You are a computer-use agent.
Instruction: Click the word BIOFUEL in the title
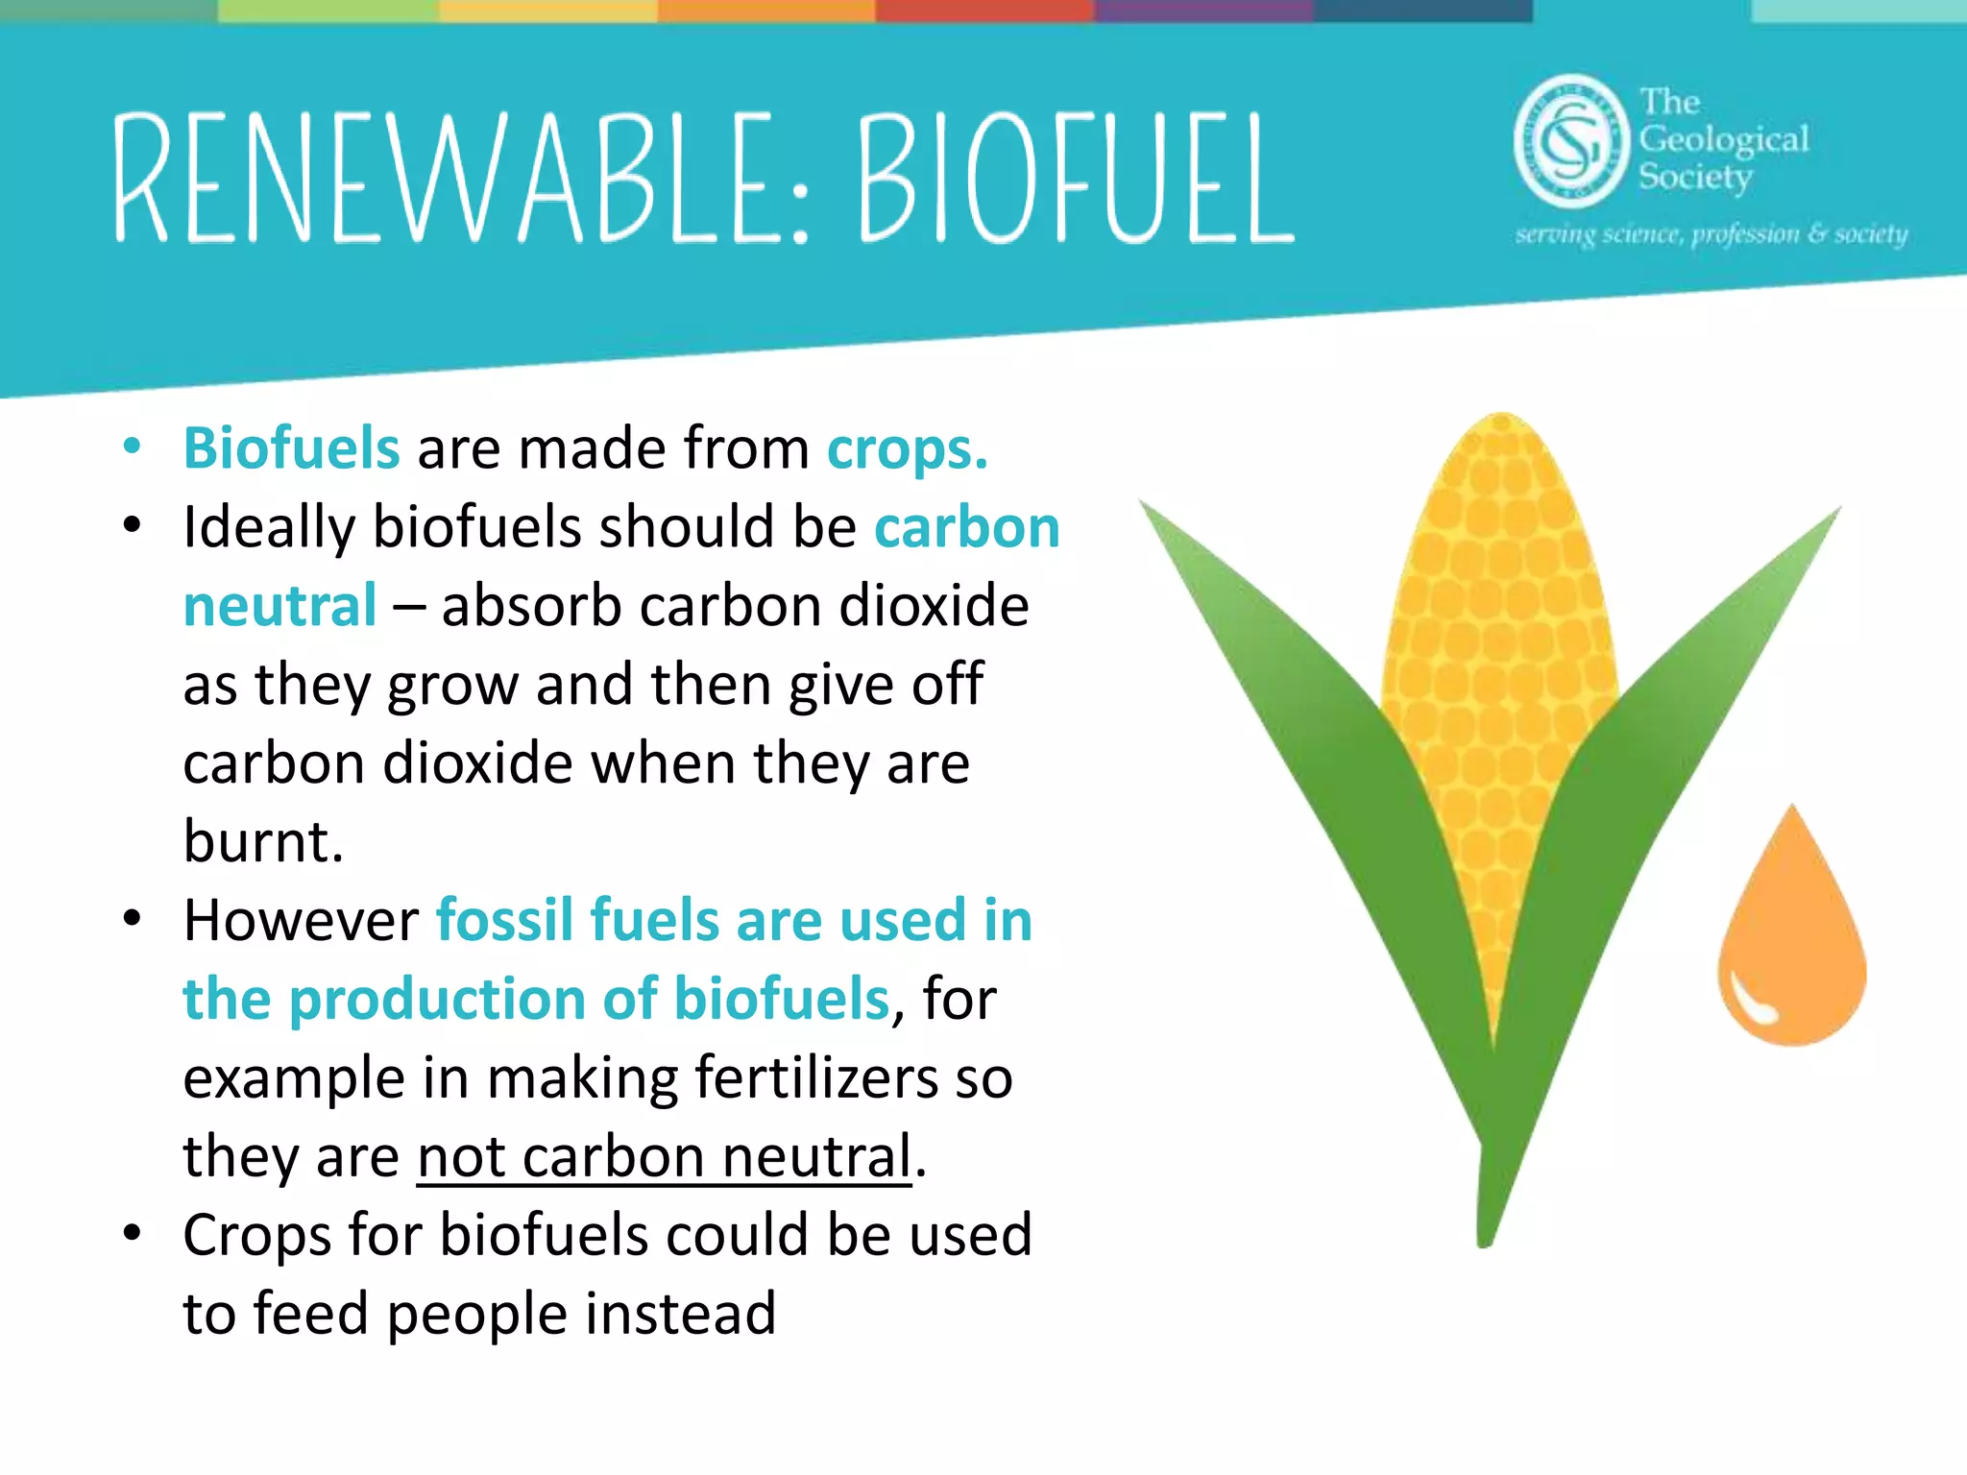click(x=1076, y=178)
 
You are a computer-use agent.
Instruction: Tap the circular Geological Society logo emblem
click(x=1571, y=141)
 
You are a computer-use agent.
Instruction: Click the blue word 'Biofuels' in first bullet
click(x=291, y=448)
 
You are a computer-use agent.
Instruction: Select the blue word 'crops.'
click(x=908, y=448)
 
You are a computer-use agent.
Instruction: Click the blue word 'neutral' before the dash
click(x=279, y=606)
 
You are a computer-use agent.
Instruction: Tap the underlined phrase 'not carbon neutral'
click(x=664, y=1156)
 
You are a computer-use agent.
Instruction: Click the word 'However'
click(x=301, y=920)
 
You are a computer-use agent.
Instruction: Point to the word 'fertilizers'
click(x=816, y=1077)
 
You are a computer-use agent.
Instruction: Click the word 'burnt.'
click(x=263, y=841)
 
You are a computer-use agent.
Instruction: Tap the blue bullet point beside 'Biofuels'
click(x=133, y=446)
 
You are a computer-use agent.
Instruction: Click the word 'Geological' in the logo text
click(x=1724, y=140)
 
